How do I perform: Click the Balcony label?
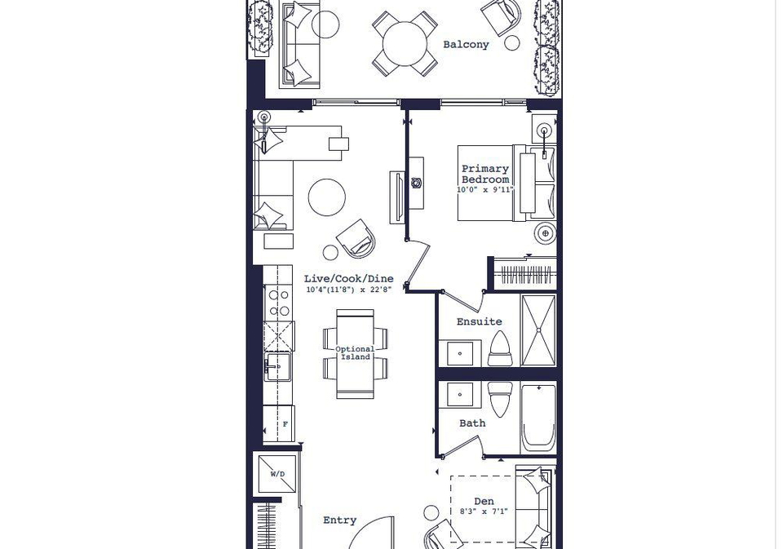click(x=466, y=45)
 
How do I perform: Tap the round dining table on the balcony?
click(x=405, y=43)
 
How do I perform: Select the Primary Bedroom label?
click(x=484, y=175)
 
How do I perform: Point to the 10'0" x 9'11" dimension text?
click(x=484, y=190)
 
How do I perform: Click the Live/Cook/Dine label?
click(x=348, y=279)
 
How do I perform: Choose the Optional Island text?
click(x=355, y=353)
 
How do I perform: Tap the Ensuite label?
click(x=479, y=321)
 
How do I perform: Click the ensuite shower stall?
click(x=538, y=330)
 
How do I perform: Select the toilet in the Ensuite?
click(x=500, y=349)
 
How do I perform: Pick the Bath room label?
click(x=472, y=423)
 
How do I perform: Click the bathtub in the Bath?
click(x=538, y=418)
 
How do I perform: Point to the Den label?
click(x=484, y=501)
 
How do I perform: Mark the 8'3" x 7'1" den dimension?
click(x=484, y=511)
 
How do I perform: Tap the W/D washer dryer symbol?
click(x=277, y=474)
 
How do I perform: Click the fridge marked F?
click(x=279, y=423)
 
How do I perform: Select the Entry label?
click(x=339, y=520)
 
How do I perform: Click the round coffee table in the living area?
click(x=326, y=197)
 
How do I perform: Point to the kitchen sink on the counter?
click(x=277, y=367)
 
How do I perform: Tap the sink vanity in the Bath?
click(x=459, y=395)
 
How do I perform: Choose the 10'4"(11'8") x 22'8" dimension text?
click(x=348, y=290)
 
